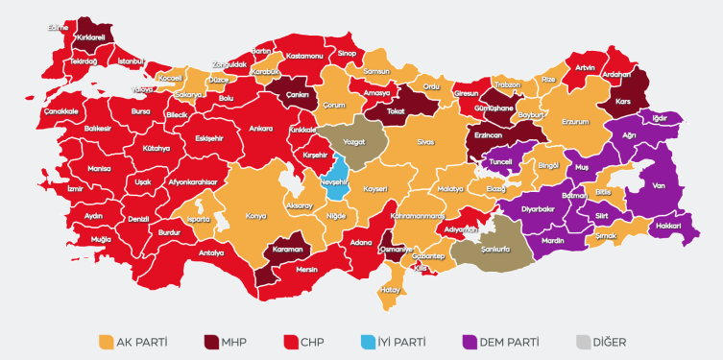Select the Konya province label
(255, 216)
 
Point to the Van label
(659, 185)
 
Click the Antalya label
(211, 252)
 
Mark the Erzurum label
(574, 122)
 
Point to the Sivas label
(425, 141)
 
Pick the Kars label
(622, 101)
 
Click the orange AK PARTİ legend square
(107, 341)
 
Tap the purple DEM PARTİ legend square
(470, 341)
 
